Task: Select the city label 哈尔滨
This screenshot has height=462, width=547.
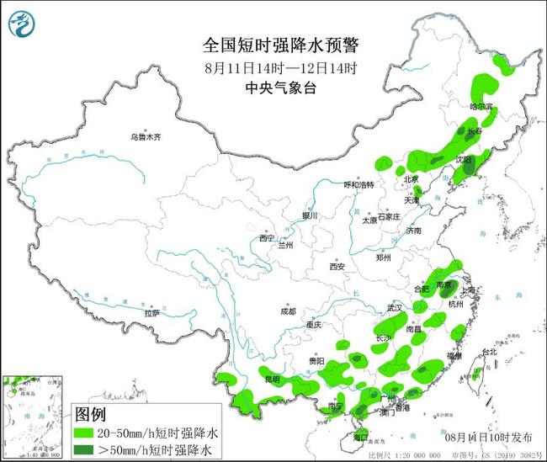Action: [x=481, y=108]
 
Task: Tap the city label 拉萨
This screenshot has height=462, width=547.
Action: [x=152, y=313]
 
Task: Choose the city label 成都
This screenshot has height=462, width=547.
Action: [x=289, y=311]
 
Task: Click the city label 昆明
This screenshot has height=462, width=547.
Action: [x=272, y=379]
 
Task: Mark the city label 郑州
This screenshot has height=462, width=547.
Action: [x=385, y=258]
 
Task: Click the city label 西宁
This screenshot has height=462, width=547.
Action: [x=268, y=238]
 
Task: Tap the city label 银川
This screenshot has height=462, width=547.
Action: [x=311, y=215]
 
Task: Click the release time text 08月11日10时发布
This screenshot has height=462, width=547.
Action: [x=487, y=438]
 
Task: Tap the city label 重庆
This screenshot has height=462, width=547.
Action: [x=315, y=325]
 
